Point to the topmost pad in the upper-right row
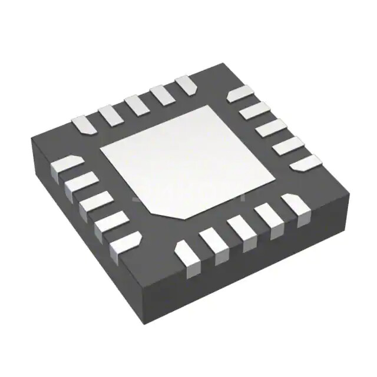pyautogui.click(x=240, y=94)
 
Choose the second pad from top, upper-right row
pyautogui.click(x=254, y=110)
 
